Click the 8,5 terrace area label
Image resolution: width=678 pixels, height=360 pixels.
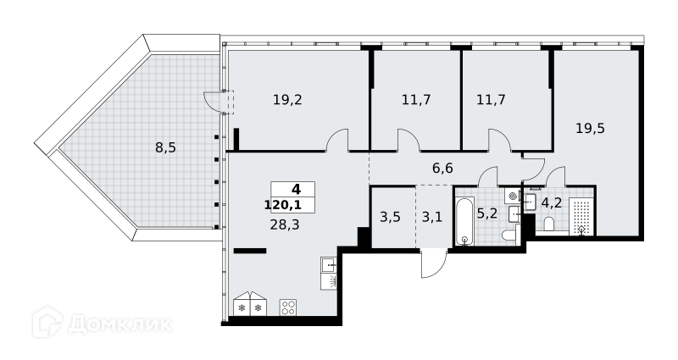[165, 148]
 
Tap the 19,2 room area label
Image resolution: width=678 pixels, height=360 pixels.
[287, 100]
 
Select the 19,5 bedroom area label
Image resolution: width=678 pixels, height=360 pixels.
[590, 129]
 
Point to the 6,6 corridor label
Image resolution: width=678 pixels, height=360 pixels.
[442, 168]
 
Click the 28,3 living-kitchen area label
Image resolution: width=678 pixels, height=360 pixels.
[285, 225]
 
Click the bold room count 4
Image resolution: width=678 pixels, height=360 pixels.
[296, 189]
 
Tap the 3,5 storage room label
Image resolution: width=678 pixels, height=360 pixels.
[390, 217]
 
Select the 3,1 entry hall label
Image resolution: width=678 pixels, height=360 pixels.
[432, 217]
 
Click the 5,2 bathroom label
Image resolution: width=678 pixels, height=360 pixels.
[486, 213]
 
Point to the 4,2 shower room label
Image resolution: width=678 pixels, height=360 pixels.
[552, 202]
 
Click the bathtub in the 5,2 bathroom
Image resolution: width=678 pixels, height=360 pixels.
[464, 221]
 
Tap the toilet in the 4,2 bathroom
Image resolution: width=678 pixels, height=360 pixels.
[549, 224]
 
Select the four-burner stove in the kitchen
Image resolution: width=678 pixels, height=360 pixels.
[288, 307]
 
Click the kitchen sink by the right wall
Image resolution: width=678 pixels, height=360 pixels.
[329, 264]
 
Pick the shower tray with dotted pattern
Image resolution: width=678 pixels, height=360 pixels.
[581, 217]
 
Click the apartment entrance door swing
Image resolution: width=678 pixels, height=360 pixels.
[434, 264]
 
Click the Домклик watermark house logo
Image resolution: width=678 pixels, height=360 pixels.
[47, 323]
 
